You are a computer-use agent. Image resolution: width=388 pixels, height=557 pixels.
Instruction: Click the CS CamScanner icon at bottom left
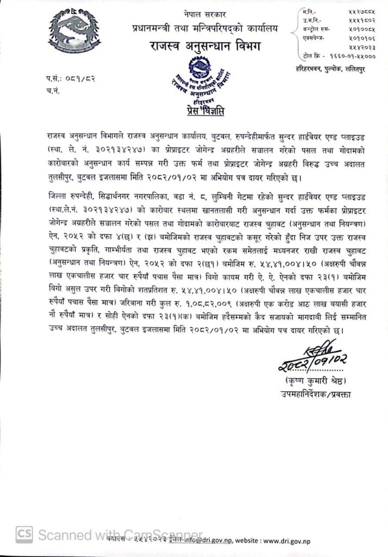(23, 535)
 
